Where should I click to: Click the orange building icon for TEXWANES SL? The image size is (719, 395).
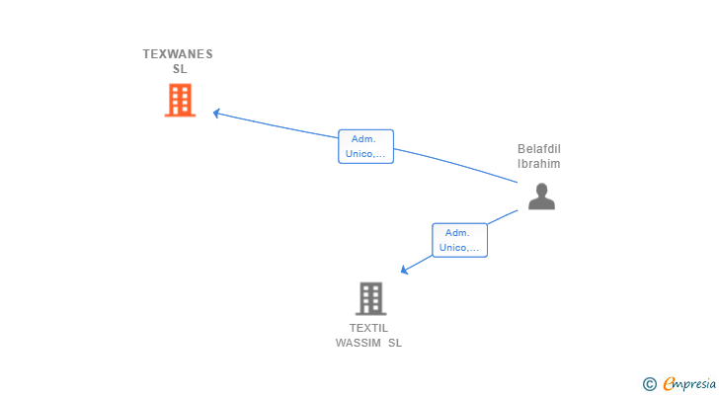(x=180, y=100)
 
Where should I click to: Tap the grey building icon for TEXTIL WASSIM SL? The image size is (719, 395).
(x=371, y=299)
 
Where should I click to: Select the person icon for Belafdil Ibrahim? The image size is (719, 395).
(x=541, y=197)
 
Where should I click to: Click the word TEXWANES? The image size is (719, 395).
(x=178, y=54)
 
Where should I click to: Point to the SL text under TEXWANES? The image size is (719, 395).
(x=180, y=69)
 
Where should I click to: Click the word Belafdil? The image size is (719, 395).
(x=539, y=149)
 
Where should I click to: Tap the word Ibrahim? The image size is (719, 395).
(x=539, y=164)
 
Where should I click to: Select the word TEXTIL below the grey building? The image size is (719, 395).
(x=368, y=328)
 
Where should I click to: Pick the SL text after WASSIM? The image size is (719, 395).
(x=395, y=343)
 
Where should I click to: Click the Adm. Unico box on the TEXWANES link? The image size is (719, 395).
(x=365, y=146)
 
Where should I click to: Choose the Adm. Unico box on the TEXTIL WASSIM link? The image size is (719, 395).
(x=459, y=240)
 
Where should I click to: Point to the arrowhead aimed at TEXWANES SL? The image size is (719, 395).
(x=216, y=113)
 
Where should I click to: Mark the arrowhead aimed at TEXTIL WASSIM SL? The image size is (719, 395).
(x=404, y=270)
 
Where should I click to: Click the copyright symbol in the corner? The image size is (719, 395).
(x=649, y=384)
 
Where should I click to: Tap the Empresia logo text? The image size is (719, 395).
(x=689, y=384)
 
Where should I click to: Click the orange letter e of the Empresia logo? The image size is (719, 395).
(x=669, y=383)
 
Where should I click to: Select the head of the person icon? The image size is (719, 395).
(x=541, y=190)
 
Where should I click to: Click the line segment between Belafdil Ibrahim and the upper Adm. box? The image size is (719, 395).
(x=456, y=164)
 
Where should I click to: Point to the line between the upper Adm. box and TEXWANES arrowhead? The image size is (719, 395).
(x=277, y=125)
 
